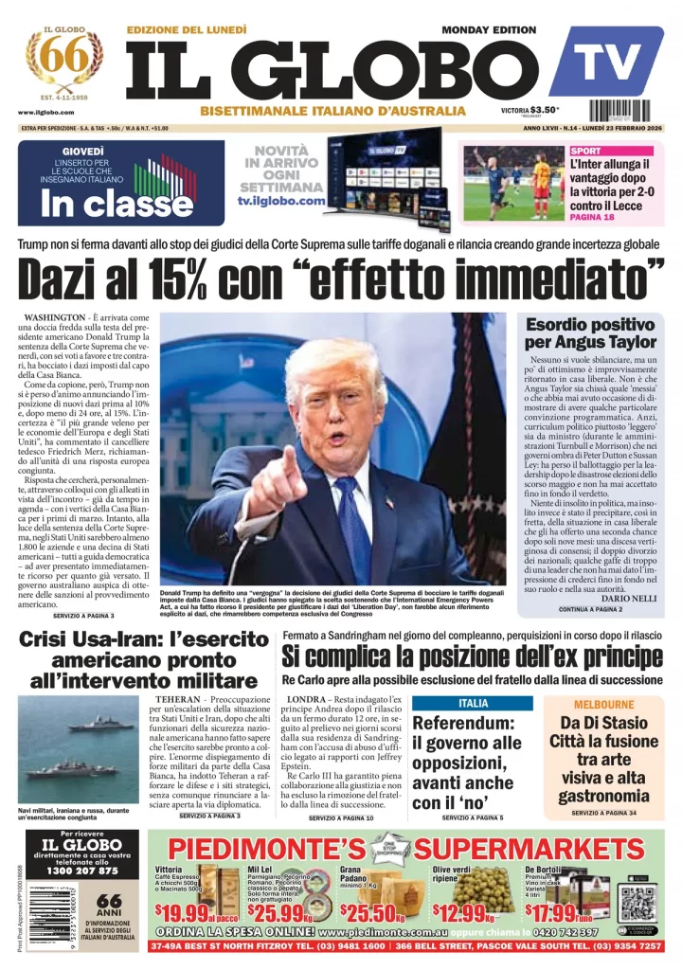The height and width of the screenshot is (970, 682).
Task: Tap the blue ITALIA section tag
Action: click(x=474, y=704)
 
